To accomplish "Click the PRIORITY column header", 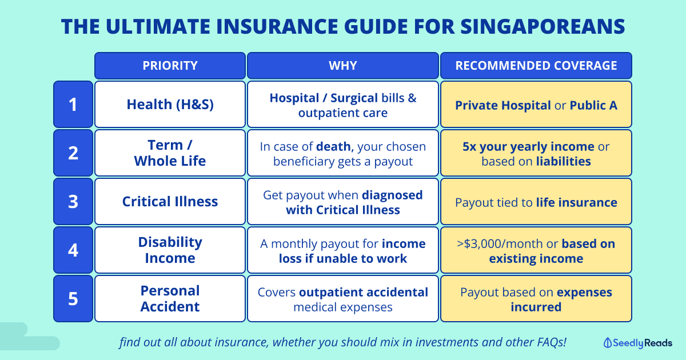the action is click(x=170, y=66).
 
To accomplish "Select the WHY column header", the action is click(x=343, y=66).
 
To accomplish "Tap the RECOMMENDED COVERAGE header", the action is click(x=536, y=66).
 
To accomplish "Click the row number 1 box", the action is click(x=73, y=105).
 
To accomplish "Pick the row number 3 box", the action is click(x=73, y=201).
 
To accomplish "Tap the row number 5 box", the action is click(x=73, y=298).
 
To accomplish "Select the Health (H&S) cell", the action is click(x=170, y=105).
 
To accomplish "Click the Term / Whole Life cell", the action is click(x=170, y=153).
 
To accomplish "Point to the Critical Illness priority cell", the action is click(x=170, y=201).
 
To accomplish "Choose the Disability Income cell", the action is click(x=170, y=250).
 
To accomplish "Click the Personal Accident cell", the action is click(x=170, y=298).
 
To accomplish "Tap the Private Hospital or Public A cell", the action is click(x=536, y=105).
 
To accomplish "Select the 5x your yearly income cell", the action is click(x=536, y=153).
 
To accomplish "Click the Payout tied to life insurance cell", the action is click(x=536, y=201).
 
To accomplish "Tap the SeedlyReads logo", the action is click(x=638, y=343).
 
